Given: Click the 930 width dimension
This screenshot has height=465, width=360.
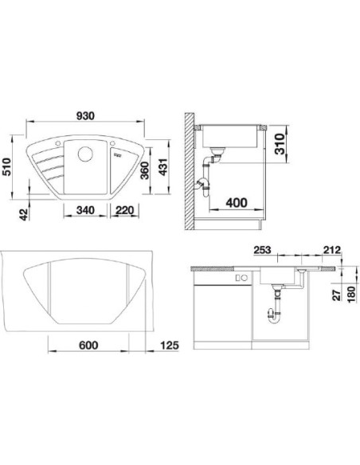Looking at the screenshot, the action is [86, 115].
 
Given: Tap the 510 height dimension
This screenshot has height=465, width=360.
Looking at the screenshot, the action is [6, 167].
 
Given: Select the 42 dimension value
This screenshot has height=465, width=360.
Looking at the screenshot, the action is [25, 214].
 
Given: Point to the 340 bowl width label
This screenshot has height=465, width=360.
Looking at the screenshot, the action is [85, 210].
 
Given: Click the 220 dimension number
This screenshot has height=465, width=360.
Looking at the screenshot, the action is [124, 210].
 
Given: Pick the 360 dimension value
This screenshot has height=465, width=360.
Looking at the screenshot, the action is [145, 170].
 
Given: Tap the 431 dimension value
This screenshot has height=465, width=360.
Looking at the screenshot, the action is [163, 167].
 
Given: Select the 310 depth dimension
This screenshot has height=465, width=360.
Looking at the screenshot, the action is [280, 144].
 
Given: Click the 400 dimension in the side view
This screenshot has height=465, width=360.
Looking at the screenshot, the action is [237, 203].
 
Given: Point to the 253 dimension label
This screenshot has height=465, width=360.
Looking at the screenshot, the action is [263, 250].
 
